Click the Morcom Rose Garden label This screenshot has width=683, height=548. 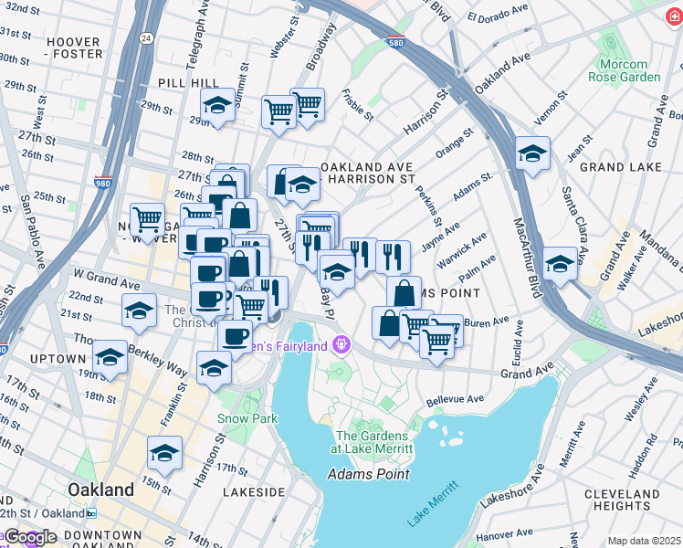click(630, 70)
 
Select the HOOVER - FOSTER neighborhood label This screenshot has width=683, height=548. click(74, 47)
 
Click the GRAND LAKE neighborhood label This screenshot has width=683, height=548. click(620, 167)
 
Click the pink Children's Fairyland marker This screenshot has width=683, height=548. click(342, 344)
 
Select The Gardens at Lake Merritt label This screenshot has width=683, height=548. click(375, 442)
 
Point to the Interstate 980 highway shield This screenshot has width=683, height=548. click(105, 184)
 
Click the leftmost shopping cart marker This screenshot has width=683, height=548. click(147, 220)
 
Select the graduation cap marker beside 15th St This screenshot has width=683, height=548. click(164, 454)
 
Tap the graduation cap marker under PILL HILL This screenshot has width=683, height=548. click(218, 106)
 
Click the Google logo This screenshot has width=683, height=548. click(31, 537)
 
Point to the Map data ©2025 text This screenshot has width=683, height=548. click(644, 541)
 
